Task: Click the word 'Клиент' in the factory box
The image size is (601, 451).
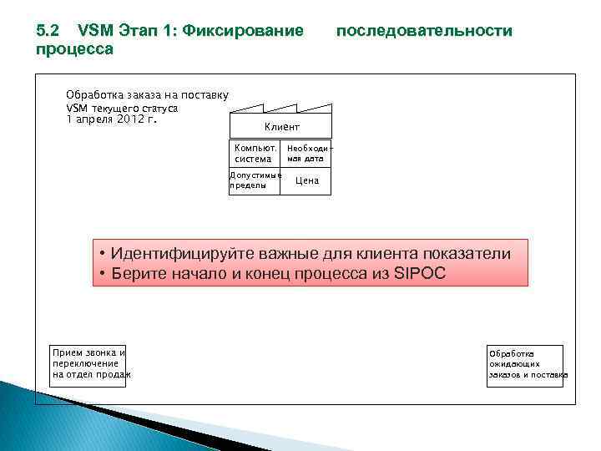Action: click(281, 126)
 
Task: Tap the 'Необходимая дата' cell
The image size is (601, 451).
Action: click(305, 153)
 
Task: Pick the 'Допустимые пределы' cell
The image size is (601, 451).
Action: click(255, 180)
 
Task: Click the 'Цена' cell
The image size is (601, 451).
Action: click(306, 181)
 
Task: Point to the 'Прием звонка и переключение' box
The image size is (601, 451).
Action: click(88, 364)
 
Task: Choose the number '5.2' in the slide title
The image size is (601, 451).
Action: click(48, 31)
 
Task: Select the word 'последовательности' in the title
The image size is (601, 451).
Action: click(423, 31)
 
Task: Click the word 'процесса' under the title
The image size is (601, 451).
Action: click(75, 49)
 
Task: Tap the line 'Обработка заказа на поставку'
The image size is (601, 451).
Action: click(147, 95)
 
